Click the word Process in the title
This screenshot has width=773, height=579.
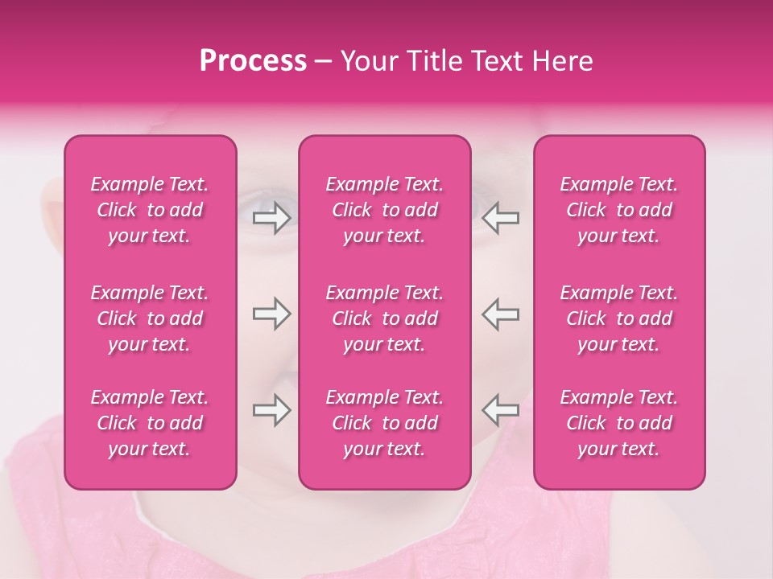[253, 61]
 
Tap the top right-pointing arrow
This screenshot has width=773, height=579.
[271, 218]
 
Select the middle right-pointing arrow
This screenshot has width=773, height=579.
[271, 314]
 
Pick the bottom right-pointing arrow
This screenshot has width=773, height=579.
[271, 410]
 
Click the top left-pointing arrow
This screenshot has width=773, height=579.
[501, 218]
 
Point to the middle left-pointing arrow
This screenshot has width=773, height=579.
[501, 314]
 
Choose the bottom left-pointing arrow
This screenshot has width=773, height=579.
[501, 410]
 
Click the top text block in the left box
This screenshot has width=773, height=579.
[150, 210]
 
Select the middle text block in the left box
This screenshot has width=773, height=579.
[150, 318]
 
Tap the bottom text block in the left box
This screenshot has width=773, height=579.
[150, 423]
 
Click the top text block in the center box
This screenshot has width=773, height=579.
[385, 210]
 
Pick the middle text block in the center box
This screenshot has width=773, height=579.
[385, 318]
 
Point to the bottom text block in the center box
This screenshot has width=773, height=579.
[385, 423]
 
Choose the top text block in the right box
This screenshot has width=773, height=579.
[619, 210]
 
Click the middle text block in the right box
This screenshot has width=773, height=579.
[619, 318]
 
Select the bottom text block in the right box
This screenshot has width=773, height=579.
[619, 423]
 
